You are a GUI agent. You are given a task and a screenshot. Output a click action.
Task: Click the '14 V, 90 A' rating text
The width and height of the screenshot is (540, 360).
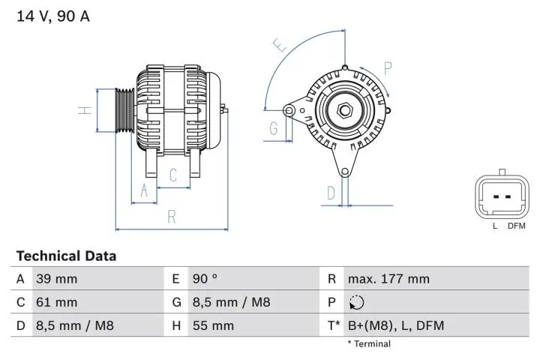coord(52,16)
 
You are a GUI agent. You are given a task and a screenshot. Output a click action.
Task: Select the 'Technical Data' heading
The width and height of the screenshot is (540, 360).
coord(66,256)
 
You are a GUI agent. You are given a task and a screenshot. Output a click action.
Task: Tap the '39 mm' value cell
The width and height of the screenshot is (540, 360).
coord(56,279)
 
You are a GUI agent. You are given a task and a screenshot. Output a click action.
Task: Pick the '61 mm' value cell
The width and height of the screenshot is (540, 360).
coord(56,302)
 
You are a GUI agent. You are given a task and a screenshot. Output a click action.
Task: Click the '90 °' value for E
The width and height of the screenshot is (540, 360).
coord(205,279)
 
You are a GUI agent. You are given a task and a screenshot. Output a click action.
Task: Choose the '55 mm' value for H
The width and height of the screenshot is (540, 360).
coord(214,325)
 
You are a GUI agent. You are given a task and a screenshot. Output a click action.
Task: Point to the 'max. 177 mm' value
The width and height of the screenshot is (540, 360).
coord(388,279)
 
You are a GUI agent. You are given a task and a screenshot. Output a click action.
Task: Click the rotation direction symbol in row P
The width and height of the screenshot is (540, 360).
coord(356,303)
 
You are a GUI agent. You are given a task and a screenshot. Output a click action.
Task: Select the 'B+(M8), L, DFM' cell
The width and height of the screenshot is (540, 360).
coord(396,325)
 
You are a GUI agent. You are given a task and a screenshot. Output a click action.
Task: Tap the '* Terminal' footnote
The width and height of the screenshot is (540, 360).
coord(368,344)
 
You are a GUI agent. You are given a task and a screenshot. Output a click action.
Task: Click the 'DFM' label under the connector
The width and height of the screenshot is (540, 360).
coord(516,226)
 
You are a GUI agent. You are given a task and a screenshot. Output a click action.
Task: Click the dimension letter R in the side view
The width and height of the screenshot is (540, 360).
coord(172,217)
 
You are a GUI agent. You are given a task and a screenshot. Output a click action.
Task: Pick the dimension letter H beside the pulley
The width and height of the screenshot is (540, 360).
coord(86,109)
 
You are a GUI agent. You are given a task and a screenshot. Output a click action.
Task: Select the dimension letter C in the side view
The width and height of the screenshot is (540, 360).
coord(173,175)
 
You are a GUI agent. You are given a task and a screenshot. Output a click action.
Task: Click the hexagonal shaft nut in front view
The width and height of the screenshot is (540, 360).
coord(345,111)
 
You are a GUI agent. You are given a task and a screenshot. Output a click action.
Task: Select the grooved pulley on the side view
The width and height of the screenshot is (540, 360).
coord(124,110)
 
